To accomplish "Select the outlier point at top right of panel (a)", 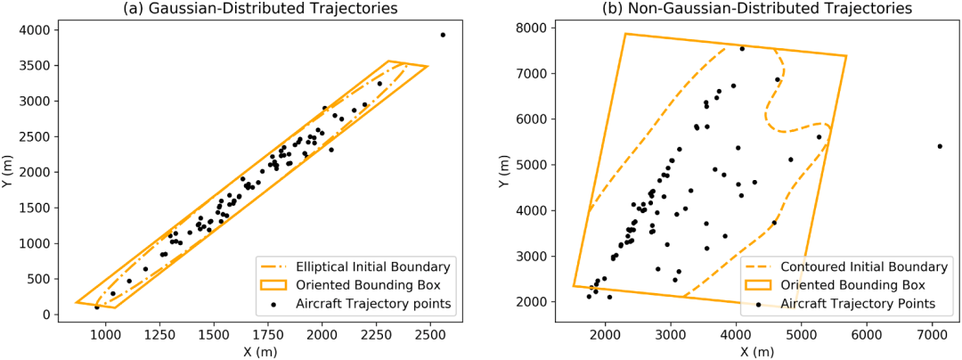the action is tap(443, 35).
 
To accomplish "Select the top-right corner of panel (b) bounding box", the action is tap(847, 56).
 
